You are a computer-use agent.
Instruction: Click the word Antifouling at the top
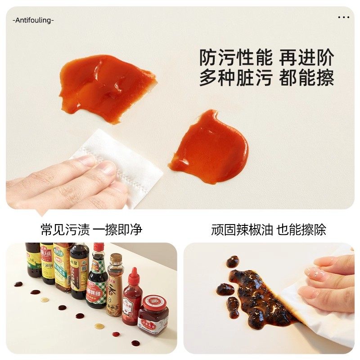(33, 20)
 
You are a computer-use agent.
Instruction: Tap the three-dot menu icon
(343, 18)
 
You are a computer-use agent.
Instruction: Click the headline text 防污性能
(236, 58)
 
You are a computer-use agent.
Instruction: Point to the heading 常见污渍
(65, 230)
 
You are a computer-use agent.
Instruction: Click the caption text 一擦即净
(117, 230)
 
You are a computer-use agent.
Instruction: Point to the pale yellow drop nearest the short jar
(99, 326)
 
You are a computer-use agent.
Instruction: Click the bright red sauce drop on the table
(116, 334)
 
